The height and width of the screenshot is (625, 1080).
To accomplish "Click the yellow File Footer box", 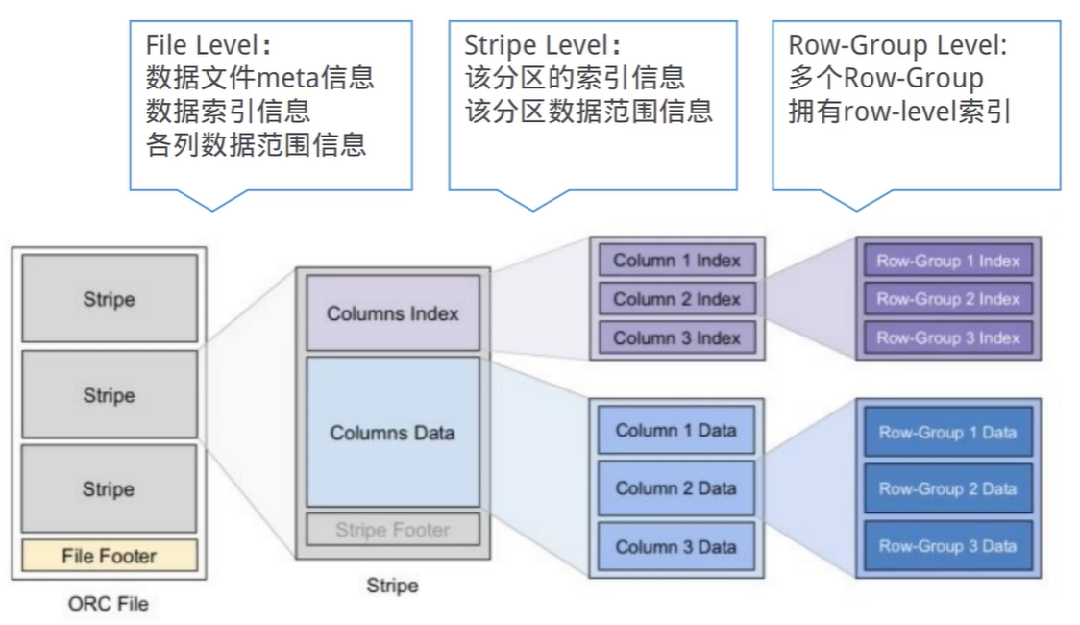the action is pyautogui.click(x=110, y=556).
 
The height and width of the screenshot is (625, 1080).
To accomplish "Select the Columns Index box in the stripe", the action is pyautogui.click(x=393, y=313).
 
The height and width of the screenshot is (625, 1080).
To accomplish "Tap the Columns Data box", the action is pyautogui.click(x=393, y=432).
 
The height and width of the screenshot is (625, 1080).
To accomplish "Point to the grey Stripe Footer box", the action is pyautogui.click(x=393, y=529).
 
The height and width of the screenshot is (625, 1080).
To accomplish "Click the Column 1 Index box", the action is pyautogui.click(x=677, y=261).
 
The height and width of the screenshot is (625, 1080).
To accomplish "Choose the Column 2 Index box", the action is pyautogui.click(x=677, y=299).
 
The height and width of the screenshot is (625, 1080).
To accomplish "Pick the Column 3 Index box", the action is pyautogui.click(x=677, y=337).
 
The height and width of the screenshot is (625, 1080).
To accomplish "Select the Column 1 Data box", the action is pyautogui.click(x=676, y=430).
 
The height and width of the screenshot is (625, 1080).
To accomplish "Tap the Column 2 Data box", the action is pyautogui.click(x=676, y=487).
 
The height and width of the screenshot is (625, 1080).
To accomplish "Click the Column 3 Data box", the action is pyautogui.click(x=676, y=546).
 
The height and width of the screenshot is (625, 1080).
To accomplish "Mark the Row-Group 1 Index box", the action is pyautogui.click(x=948, y=261).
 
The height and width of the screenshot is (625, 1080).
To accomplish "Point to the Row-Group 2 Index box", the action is pyautogui.click(x=948, y=299).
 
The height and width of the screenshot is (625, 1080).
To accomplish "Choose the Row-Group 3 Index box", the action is pyautogui.click(x=948, y=337).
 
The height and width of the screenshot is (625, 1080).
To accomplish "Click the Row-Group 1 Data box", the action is pyautogui.click(x=948, y=432).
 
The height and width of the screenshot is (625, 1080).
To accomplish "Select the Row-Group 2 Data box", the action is pyautogui.click(x=948, y=488).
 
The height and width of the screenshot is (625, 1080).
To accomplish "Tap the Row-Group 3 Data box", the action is pyautogui.click(x=948, y=546).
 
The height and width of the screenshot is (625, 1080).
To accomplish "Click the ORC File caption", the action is pyautogui.click(x=109, y=604).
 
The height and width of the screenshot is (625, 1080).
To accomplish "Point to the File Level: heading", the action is pyautogui.click(x=208, y=45).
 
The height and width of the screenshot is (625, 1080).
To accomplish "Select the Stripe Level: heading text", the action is pyautogui.click(x=542, y=45).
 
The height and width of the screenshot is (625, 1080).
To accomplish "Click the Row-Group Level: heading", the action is pyautogui.click(x=897, y=45).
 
